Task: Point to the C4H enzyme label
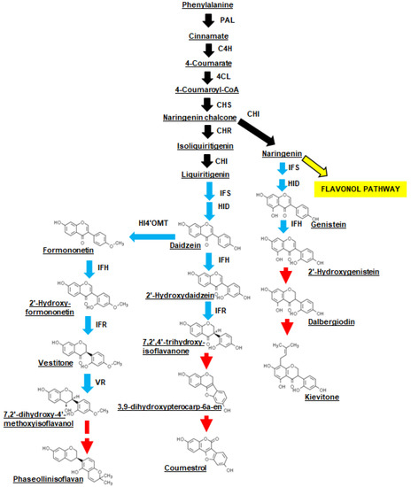pos(230,50)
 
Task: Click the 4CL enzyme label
pos(229,76)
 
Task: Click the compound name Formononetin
pos(69,251)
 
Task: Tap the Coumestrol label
pos(189,468)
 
